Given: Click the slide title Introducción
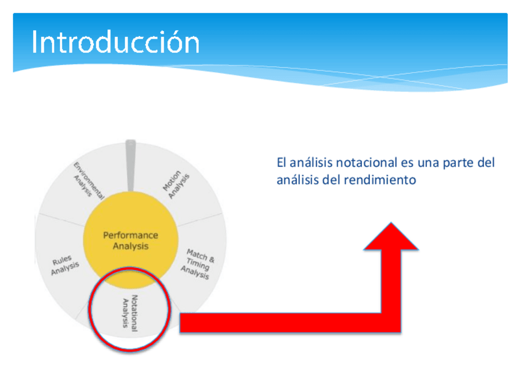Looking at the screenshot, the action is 115,42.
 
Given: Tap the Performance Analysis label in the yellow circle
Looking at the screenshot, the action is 131,241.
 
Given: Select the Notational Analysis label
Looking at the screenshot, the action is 131,313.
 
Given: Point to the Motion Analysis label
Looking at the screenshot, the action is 176,185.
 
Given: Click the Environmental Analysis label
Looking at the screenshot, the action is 89,181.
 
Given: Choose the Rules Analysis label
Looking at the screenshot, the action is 65,266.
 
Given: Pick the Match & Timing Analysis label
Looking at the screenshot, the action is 197,264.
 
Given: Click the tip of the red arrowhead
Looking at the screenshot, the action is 391,223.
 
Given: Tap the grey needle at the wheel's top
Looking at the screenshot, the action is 131,165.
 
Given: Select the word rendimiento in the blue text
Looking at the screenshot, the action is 380,180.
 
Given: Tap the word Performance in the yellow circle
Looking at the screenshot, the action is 131,235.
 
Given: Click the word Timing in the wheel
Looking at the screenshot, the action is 197,264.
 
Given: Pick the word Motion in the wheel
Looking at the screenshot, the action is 172,181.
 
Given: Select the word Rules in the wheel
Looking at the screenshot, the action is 62,261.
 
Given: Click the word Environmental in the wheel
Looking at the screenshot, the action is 89,181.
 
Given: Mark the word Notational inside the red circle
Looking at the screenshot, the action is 134,313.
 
